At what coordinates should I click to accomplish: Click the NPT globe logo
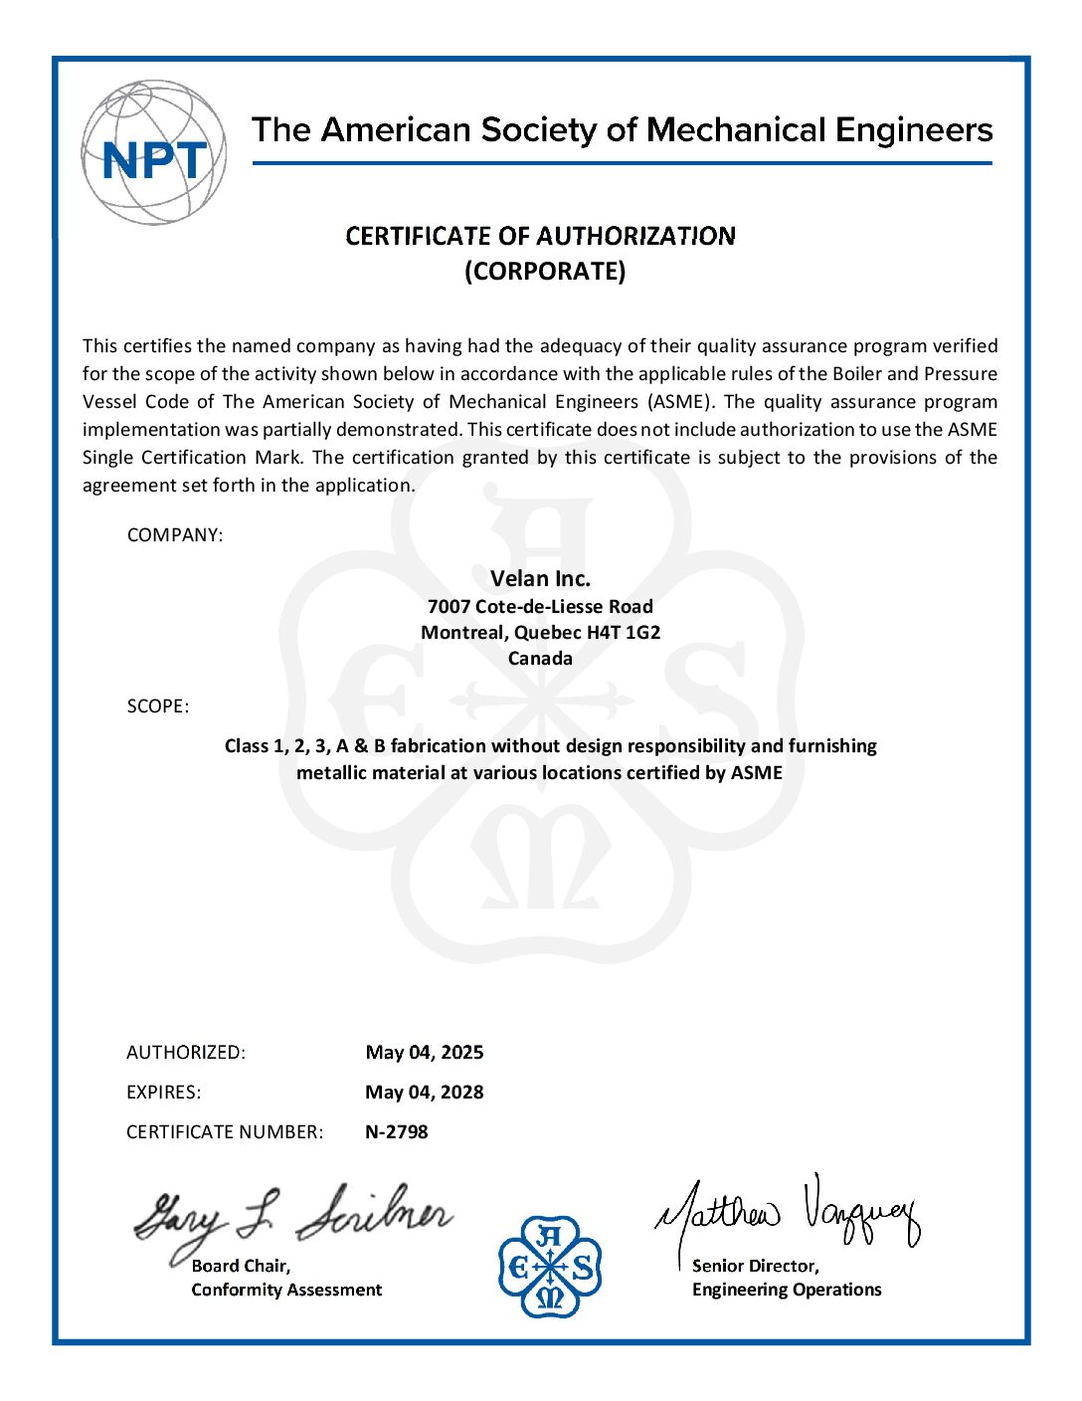pos(153,152)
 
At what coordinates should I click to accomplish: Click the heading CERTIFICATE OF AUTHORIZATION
pos(540,236)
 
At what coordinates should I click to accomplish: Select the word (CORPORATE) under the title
pos(545,272)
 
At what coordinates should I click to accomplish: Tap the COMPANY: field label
pos(175,535)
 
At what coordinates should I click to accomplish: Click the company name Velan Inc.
pos(540,579)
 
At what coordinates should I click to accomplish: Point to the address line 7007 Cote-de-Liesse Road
pos(540,607)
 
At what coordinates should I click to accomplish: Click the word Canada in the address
pos(540,659)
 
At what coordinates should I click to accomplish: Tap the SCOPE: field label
pos(157,706)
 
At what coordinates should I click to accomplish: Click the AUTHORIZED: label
pos(186,1053)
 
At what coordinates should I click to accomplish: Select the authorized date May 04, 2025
pos(425,1053)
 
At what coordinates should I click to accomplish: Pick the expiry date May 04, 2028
pos(425,1093)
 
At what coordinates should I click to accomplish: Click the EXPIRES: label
pos(163,1093)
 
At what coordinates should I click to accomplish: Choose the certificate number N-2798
pos(397,1132)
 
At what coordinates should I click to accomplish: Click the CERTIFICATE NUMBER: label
pos(225,1132)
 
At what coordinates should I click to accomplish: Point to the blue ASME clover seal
pos(550,1266)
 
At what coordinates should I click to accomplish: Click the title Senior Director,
pos(756,1266)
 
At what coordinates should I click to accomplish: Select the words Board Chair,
pos(241,1266)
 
